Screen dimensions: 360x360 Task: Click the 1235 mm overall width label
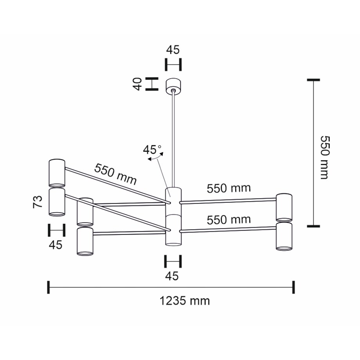(x=185, y=301)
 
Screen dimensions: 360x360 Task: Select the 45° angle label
(x=152, y=149)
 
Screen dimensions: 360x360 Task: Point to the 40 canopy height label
(x=137, y=84)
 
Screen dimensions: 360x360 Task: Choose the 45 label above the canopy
(x=173, y=50)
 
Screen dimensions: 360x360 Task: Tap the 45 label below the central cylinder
(x=172, y=276)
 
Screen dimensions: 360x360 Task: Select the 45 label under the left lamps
(x=56, y=245)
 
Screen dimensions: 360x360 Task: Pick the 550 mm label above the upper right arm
(x=229, y=189)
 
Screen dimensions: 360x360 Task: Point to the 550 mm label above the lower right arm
(x=229, y=220)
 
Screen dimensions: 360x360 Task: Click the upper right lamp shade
(x=284, y=207)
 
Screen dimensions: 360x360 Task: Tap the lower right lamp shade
(x=284, y=236)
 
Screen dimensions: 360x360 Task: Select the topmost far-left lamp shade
(x=57, y=173)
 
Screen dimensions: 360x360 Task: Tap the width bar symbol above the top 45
(x=173, y=64)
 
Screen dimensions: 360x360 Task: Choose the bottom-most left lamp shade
(x=85, y=241)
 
